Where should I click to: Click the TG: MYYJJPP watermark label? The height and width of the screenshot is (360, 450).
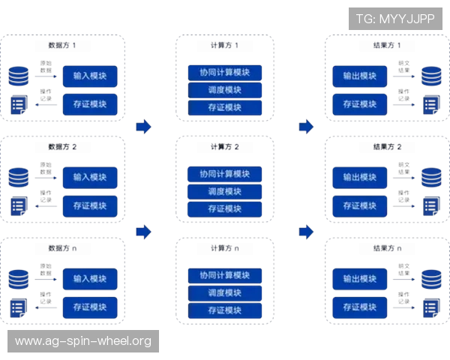tap(395, 18)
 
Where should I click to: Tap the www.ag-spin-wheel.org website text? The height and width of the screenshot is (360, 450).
tap(83, 341)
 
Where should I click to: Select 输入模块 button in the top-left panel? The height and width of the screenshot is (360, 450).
tap(90, 76)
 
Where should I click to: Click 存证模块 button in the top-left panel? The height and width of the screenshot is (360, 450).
tap(90, 103)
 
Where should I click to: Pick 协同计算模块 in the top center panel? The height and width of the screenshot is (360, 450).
tap(225, 73)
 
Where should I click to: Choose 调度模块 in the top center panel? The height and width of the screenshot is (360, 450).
tap(225, 90)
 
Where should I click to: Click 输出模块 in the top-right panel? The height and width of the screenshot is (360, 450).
tap(360, 76)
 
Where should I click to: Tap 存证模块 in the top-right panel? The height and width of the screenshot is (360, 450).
tap(360, 103)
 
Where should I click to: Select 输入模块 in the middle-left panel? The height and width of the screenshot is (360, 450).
tap(90, 178)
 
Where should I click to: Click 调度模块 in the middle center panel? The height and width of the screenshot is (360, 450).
tap(225, 191)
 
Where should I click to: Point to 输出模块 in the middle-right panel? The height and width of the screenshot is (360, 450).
tap(360, 178)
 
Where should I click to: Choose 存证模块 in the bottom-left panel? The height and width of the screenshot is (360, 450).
tap(90, 307)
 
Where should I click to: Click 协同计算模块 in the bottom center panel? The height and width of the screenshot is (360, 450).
tap(225, 275)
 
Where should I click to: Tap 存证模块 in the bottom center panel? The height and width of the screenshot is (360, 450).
tap(225, 310)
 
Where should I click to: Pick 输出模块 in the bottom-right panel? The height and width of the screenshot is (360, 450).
tap(360, 279)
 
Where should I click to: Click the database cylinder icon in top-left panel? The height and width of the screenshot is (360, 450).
tap(19, 76)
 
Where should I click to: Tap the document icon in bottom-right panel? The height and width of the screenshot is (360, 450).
tap(430, 307)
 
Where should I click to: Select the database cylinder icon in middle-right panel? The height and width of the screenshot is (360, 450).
tap(431, 178)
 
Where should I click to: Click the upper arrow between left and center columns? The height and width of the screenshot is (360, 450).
tap(142, 125)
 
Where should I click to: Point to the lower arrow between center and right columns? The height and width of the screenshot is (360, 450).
tap(304, 232)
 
